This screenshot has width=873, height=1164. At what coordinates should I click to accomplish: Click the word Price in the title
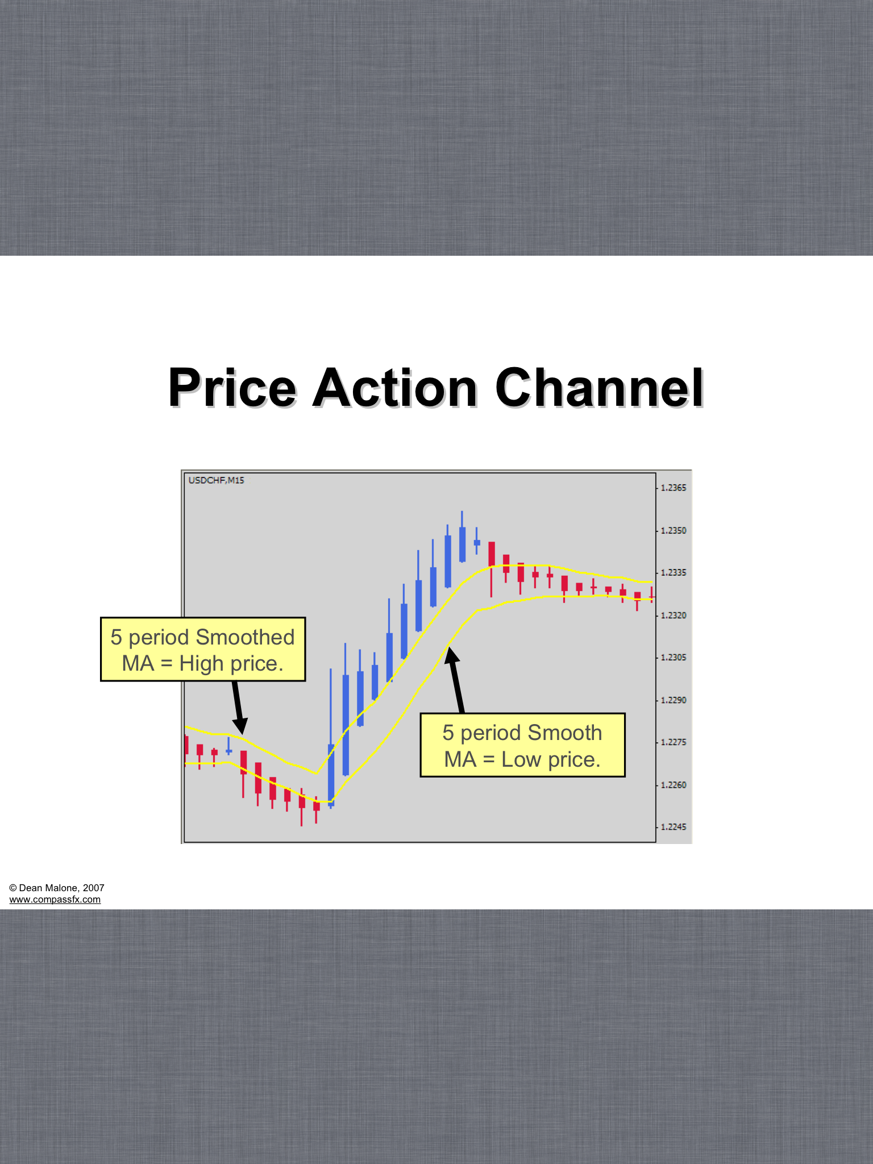click(x=232, y=389)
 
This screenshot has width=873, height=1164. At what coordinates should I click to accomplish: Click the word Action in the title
click(x=396, y=389)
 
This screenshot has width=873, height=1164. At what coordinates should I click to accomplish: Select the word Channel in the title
click(x=600, y=389)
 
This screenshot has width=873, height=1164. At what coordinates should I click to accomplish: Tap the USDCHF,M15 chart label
click(x=216, y=480)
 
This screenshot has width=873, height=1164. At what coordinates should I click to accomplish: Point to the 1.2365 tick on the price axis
click(x=674, y=488)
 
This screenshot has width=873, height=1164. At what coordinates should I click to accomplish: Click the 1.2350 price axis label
click(x=674, y=530)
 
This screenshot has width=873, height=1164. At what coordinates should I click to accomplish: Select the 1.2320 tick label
click(x=674, y=615)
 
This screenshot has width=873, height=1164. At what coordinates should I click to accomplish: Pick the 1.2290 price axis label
click(x=674, y=700)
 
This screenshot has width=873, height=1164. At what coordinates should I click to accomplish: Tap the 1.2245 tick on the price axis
click(x=674, y=827)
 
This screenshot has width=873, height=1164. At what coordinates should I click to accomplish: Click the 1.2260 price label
click(x=674, y=785)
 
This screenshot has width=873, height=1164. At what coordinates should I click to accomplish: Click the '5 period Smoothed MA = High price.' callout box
click(x=203, y=649)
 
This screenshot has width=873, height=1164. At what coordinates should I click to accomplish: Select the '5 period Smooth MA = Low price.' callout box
click(x=522, y=745)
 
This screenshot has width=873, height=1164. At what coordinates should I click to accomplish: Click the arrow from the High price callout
click(x=238, y=708)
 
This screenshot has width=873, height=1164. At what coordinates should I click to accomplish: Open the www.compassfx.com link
click(x=55, y=899)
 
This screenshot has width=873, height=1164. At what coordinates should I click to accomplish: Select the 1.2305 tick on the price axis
click(x=674, y=657)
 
